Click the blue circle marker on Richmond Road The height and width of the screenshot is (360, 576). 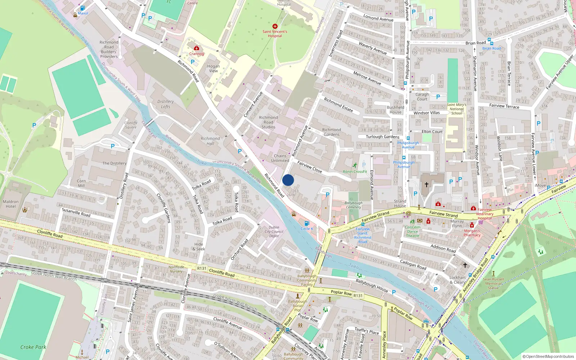(288, 180)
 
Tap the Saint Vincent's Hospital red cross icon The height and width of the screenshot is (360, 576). (275, 26)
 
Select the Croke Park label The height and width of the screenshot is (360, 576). (33, 347)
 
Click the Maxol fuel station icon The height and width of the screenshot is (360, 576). (82, 8)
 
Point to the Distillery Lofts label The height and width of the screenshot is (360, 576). (166, 104)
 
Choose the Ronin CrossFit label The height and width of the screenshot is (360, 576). (355, 172)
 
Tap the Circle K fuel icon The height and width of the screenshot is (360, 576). (307, 224)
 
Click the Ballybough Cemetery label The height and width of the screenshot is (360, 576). (353, 205)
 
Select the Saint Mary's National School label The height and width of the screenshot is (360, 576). (456, 109)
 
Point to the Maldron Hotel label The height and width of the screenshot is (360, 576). (11, 204)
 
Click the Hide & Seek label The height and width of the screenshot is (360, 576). (199, 247)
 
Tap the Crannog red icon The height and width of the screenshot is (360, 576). (197, 48)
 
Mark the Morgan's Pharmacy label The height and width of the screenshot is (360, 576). (472, 233)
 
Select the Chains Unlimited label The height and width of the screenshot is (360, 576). (280, 158)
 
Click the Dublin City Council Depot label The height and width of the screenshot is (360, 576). (274, 231)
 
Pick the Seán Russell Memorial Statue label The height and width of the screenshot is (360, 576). (493, 283)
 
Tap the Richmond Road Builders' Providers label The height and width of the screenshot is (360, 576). (109, 49)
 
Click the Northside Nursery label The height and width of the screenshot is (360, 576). (176, 269)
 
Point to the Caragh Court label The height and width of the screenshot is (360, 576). (422, 97)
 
